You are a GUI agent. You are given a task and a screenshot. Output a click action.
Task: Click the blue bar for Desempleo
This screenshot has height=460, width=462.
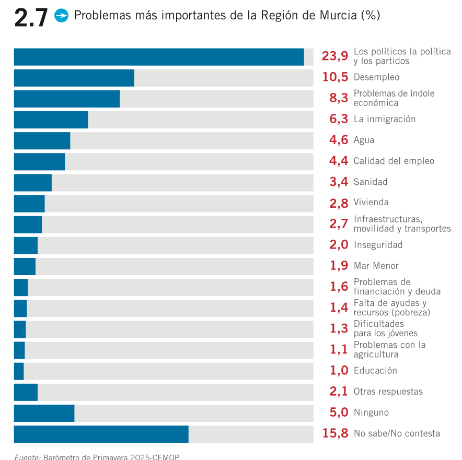(74, 78)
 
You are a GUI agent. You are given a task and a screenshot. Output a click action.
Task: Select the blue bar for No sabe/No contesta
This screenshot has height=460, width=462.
(101, 434)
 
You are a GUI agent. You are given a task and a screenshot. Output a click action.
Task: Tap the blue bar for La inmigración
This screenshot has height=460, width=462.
(51, 120)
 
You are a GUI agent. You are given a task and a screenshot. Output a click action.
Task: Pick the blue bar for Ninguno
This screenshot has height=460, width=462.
(44, 413)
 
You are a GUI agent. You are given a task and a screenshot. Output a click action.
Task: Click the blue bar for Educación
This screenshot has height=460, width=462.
(19, 371)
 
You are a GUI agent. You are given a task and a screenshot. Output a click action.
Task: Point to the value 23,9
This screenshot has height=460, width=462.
(334, 56)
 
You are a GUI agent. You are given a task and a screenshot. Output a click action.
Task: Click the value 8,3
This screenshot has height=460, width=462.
(338, 99)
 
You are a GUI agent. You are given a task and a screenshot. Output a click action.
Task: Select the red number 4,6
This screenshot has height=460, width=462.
(338, 140)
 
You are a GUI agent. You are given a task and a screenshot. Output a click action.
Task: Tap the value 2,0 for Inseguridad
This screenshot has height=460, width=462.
(338, 245)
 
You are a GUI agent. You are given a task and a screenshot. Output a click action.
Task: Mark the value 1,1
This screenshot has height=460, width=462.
(338, 350)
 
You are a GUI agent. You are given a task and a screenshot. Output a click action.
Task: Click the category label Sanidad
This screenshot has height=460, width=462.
(371, 182)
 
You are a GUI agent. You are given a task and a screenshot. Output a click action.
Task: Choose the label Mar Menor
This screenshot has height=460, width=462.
(376, 266)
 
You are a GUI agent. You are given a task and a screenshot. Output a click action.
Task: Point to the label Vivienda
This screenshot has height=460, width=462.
(371, 203)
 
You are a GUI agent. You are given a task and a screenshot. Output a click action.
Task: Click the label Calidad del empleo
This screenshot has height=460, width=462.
(394, 161)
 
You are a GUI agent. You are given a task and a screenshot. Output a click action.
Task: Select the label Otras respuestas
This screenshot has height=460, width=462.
(388, 392)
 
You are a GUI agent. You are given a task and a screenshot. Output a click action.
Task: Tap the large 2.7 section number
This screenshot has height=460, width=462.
(31, 18)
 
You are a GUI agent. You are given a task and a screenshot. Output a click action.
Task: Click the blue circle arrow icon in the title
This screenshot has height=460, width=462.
(62, 16)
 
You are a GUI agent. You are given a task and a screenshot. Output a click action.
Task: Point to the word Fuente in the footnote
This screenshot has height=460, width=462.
(28, 457)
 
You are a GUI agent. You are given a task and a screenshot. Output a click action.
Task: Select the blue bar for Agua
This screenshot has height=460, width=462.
(42, 140)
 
